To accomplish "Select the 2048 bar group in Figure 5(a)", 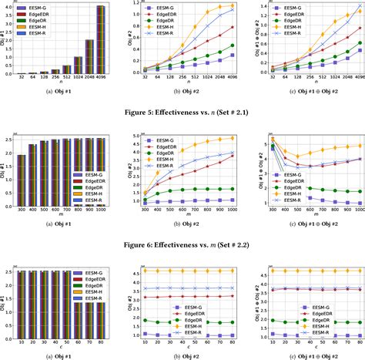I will tap(89, 57).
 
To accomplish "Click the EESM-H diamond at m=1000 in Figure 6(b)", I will tap(232, 139).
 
